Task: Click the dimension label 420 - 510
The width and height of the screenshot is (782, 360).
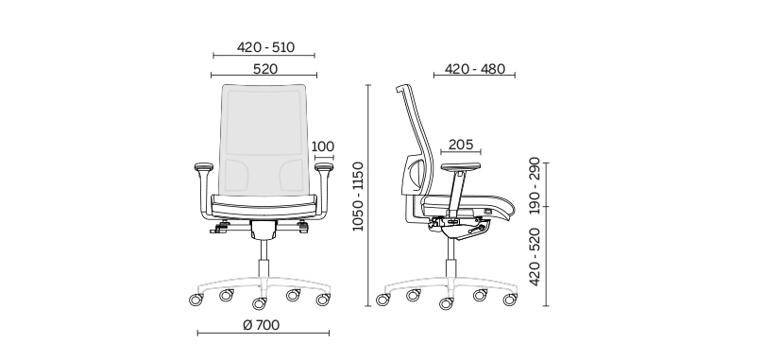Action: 265,47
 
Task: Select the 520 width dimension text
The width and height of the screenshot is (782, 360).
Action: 264,69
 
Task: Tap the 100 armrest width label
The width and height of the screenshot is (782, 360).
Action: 323,146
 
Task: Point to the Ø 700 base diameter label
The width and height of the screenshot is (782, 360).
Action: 262,325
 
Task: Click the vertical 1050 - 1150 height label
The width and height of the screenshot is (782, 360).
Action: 359,197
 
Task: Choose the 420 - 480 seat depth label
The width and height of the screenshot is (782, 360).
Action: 475,69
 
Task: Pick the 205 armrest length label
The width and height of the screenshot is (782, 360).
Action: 460,145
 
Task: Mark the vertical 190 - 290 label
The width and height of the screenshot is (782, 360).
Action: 535,185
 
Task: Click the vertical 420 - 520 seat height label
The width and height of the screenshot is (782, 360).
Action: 535,257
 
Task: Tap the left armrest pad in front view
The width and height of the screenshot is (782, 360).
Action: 203,166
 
